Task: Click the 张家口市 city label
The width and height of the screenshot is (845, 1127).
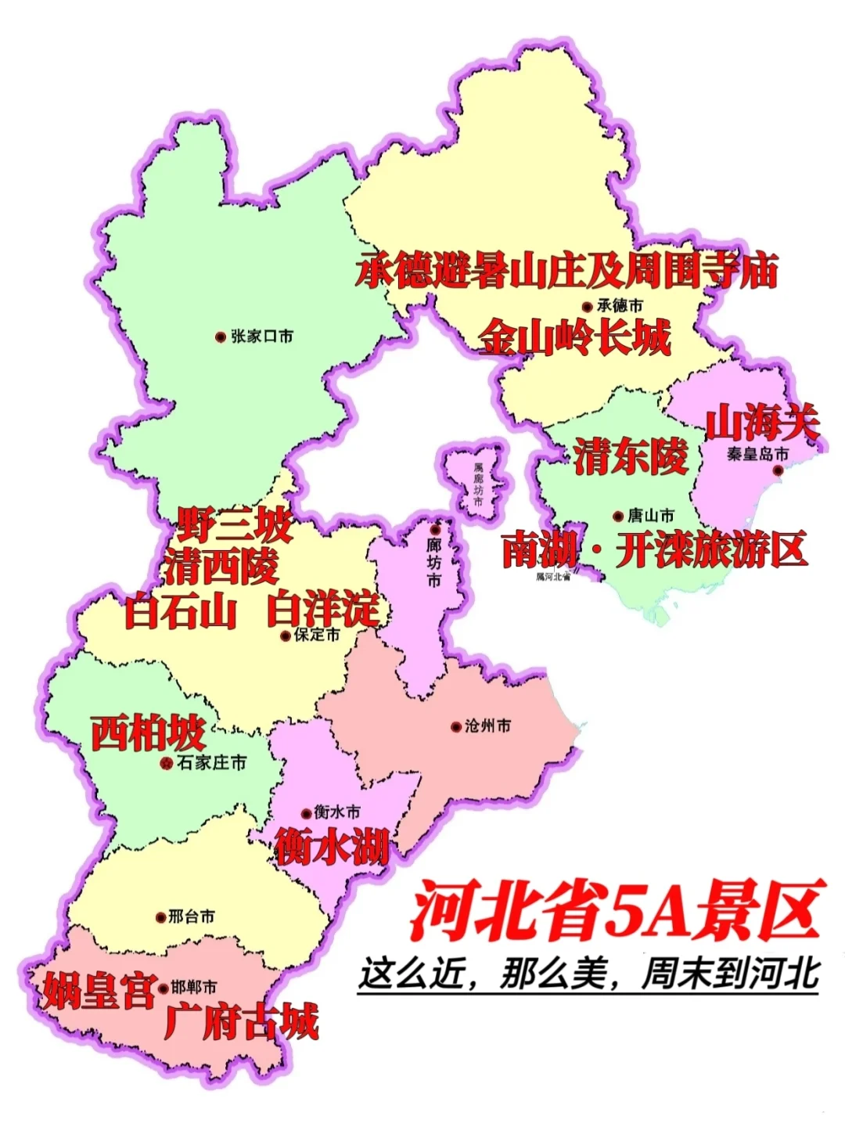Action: point(262,337)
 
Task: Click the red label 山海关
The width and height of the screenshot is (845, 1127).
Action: point(762,423)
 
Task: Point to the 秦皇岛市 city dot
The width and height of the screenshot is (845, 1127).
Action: point(778,470)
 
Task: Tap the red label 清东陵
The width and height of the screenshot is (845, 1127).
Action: point(631,456)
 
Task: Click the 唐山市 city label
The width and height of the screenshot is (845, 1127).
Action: point(650,516)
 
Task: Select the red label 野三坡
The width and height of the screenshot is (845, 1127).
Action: point(234,525)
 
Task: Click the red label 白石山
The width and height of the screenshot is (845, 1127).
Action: point(181,611)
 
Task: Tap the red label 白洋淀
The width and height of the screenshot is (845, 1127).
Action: point(322,610)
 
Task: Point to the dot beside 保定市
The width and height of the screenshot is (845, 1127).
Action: point(286,636)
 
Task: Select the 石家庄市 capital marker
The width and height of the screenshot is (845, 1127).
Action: point(166,762)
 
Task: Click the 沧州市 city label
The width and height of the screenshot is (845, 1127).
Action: point(487,726)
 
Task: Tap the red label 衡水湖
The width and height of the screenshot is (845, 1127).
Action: point(332,846)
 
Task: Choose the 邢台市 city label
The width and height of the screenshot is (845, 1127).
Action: point(192,916)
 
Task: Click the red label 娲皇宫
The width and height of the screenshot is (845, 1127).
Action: point(99,990)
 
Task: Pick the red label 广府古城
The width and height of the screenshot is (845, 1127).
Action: point(242,1022)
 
